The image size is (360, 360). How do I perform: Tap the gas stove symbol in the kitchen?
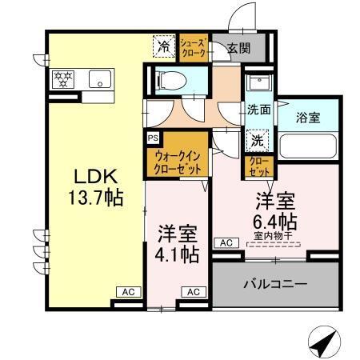pyautogui.click(x=63, y=78)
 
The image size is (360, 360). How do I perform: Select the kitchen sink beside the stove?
pyautogui.click(x=101, y=78)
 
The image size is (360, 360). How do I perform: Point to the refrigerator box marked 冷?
pyautogui.click(x=162, y=46)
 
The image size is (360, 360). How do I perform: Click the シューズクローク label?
pyautogui.click(x=194, y=47)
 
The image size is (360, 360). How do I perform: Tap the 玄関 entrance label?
pyautogui.click(x=238, y=48)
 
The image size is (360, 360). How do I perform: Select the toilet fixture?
pyautogui.click(x=170, y=82)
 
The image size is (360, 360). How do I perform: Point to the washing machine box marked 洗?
pyautogui.click(x=258, y=138)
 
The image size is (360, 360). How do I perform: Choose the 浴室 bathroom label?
pyautogui.click(x=308, y=117)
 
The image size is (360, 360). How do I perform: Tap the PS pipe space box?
pyautogui.click(x=152, y=137)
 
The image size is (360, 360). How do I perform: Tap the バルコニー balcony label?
pyautogui.click(x=274, y=283)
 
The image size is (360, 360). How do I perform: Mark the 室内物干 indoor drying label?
pyautogui.click(x=277, y=235)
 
